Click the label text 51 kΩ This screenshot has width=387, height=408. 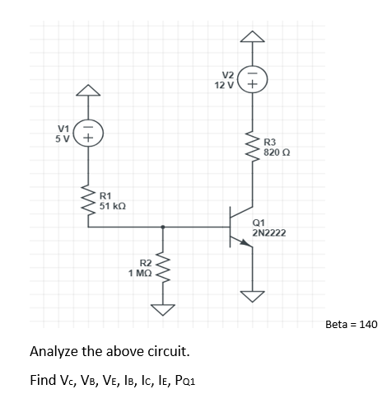click(112, 204)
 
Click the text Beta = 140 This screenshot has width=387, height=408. click(351, 325)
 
